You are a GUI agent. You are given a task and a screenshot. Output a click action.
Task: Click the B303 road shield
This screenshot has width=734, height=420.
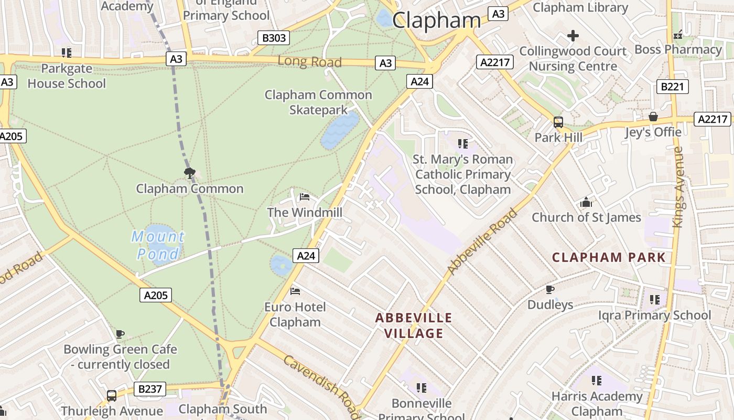click(x=274, y=38)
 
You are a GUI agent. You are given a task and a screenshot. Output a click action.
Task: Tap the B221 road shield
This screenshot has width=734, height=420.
click(x=672, y=87)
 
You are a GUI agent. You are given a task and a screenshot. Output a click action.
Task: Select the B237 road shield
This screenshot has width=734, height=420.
click(x=150, y=389)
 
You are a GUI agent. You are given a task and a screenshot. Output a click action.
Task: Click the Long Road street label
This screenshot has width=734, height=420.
click(x=309, y=61)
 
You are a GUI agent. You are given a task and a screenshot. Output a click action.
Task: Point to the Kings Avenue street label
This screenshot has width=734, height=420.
click(x=678, y=187)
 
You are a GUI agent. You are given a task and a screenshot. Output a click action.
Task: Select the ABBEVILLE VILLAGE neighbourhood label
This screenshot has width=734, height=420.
click(x=414, y=325)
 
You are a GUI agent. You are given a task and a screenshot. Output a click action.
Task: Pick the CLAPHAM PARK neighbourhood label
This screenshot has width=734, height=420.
click(x=609, y=258)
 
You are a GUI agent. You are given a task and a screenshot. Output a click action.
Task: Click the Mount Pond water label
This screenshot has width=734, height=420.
click(x=158, y=246)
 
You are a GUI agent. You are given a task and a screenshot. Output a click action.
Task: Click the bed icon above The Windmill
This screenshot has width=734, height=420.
click(x=305, y=197)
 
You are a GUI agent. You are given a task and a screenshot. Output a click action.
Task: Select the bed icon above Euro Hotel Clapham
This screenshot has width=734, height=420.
click(x=295, y=291)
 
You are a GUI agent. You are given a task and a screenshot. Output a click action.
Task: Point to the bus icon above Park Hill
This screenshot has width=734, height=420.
click(x=558, y=122)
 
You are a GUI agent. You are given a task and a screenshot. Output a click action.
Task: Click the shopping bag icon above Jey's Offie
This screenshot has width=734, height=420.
click(x=653, y=117)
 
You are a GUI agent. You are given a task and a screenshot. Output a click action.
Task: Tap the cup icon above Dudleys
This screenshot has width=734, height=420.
click(x=550, y=289)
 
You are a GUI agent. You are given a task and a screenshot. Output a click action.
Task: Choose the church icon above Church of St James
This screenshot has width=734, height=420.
click(x=586, y=202)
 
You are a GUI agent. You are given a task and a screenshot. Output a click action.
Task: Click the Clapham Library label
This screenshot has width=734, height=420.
click(x=580, y=7)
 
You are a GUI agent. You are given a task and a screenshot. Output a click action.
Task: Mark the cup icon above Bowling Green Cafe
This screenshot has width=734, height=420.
click(x=120, y=334)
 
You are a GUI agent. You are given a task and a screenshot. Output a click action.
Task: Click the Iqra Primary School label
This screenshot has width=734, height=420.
click(x=655, y=315)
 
